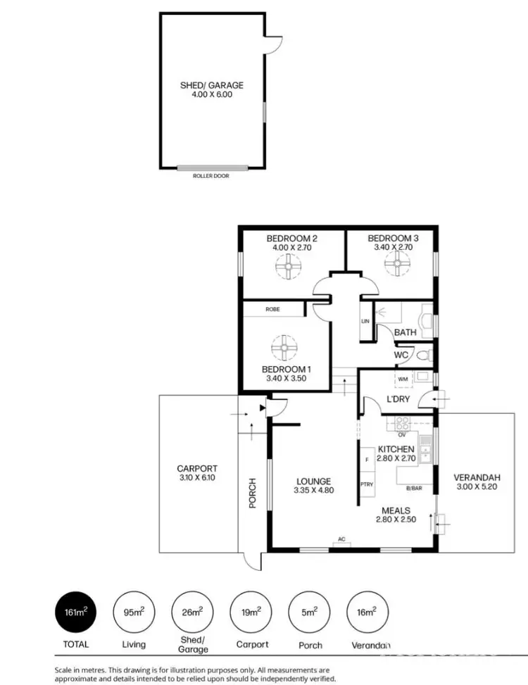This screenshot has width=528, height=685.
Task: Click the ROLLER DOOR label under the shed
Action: point(211,176)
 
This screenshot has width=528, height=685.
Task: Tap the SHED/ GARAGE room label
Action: point(211,85)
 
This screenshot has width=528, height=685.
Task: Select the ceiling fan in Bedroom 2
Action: point(287,266)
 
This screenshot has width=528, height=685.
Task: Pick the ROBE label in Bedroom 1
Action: point(274,309)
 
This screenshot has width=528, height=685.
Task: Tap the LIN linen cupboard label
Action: point(365,321)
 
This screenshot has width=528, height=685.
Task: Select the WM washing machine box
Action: point(403,379)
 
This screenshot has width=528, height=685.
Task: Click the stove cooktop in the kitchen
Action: point(403,424)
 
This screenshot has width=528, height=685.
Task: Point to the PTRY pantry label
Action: point(367,484)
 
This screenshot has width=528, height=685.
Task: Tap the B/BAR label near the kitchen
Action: point(414,487)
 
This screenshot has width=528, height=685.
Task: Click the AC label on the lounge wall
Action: point(341,540)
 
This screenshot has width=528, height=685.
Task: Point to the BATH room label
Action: point(405,332)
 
